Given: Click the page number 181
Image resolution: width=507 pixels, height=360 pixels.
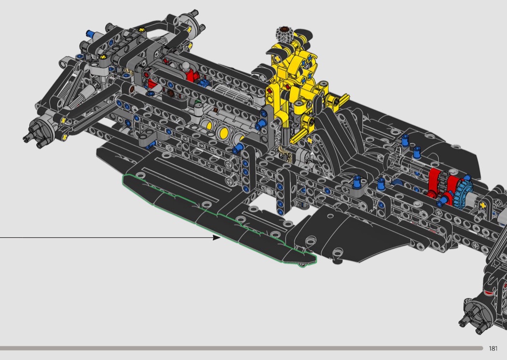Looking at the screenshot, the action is (493, 348).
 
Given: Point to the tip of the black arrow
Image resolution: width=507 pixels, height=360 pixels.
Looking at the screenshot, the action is (221, 238).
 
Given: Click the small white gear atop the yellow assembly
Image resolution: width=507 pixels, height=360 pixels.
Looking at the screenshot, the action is (283, 34).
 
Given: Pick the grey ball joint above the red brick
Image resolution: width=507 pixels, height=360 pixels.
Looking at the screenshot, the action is (185, 67).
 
